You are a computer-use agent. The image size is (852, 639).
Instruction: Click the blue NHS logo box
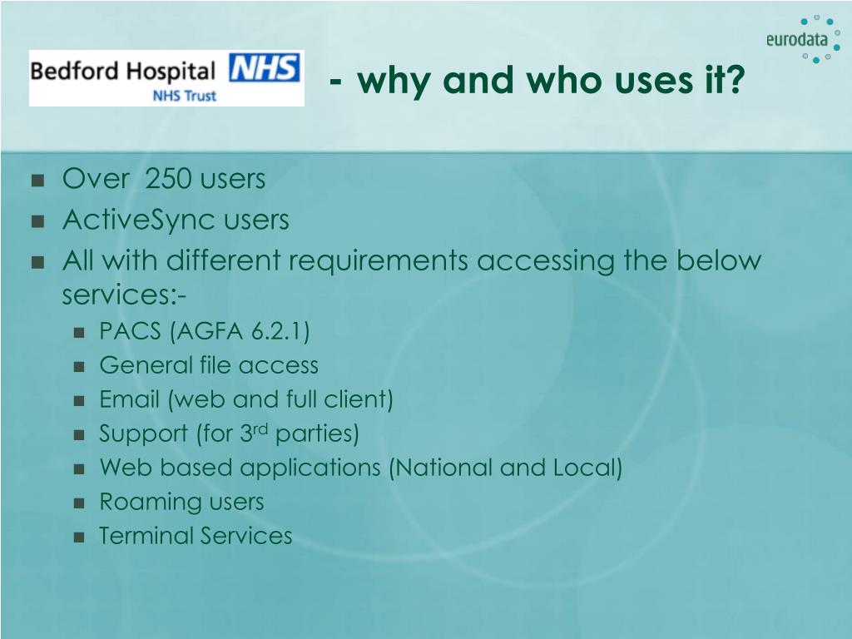click(264, 68)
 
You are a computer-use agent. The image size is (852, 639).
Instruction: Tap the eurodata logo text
click(797, 40)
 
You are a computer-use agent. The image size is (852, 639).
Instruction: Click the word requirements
click(378, 261)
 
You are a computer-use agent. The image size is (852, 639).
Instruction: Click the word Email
click(129, 399)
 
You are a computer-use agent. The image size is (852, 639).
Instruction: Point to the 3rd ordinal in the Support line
click(254, 433)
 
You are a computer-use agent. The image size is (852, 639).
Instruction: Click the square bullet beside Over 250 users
click(37, 181)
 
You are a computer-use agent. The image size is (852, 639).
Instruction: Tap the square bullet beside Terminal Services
click(79, 537)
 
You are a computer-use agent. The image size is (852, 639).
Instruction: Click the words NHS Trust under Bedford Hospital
click(185, 96)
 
